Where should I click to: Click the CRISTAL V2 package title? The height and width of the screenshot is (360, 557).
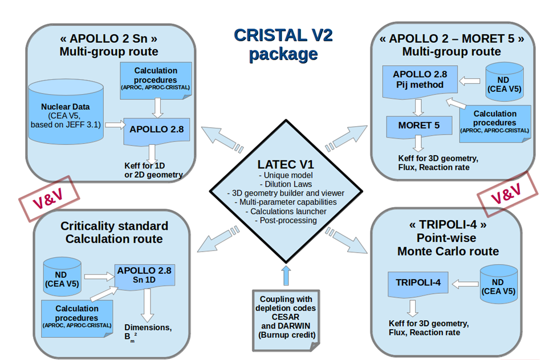point(283,44)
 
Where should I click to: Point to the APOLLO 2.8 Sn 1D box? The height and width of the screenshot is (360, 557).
point(144,276)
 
